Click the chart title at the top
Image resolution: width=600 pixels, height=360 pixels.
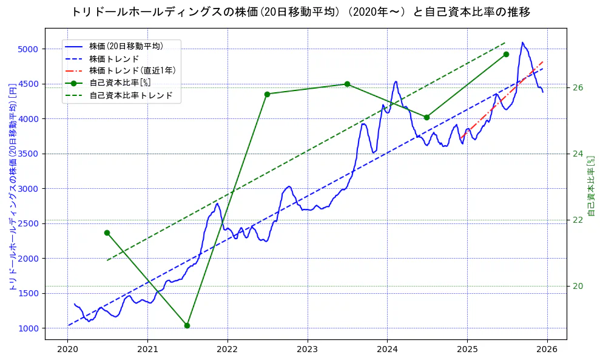click(x=300, y=12)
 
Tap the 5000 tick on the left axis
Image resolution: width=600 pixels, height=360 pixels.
click(x=29, y=49)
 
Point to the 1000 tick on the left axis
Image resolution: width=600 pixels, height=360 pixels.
click(x=29, y=328)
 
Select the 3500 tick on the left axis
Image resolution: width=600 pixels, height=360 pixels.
click(x=29, y=154)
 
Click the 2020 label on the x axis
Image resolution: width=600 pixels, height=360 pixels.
click(x=68, y=349)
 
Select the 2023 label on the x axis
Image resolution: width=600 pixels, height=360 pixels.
click(x=308, y=349)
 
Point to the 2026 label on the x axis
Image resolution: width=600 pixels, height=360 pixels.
click(x=547, y=349)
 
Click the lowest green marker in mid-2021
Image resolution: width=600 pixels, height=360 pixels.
click(x=187, y=325)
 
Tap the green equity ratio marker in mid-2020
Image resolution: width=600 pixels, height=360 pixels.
click(x=107, y=233)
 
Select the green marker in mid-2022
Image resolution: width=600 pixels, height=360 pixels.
click(x=267, y=94)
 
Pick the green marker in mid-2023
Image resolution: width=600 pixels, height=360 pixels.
click(x=347, y=84)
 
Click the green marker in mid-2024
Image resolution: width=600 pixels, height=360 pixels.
click(x=426, y=117)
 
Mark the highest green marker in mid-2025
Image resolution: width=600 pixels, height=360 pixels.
click(x=506, y=54)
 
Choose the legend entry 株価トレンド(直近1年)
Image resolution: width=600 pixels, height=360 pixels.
click(x=132, y=70)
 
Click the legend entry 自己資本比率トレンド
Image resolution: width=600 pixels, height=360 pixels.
click(x=131, y=95)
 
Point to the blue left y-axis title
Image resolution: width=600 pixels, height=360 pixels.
click(x=12, y=186)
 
